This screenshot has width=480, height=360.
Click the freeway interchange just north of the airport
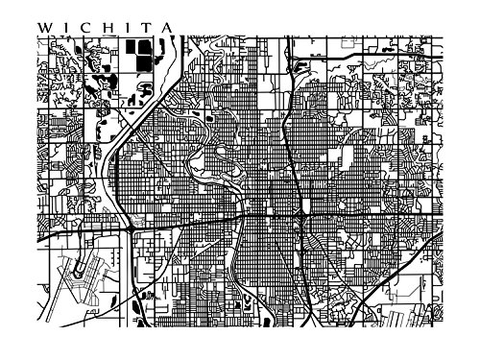[128, 230]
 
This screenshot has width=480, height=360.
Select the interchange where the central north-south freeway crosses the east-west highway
[301, 223]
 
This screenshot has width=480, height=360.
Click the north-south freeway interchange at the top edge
[285, 42]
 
